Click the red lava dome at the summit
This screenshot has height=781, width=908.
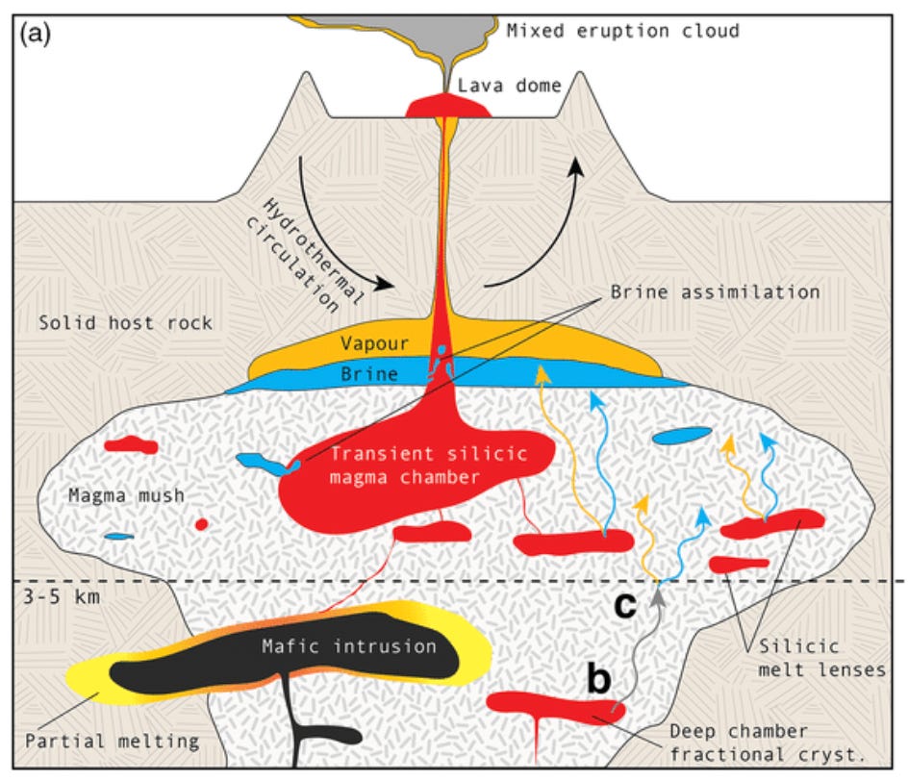tap(449, 105)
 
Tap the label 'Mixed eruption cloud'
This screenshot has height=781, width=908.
tap(623, 31)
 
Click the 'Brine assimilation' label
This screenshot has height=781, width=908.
tap(715, 291)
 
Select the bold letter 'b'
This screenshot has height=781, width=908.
tap(598, 679)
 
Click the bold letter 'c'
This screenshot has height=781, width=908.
tap(624, 608)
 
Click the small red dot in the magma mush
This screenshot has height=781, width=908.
tap(201, 524)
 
